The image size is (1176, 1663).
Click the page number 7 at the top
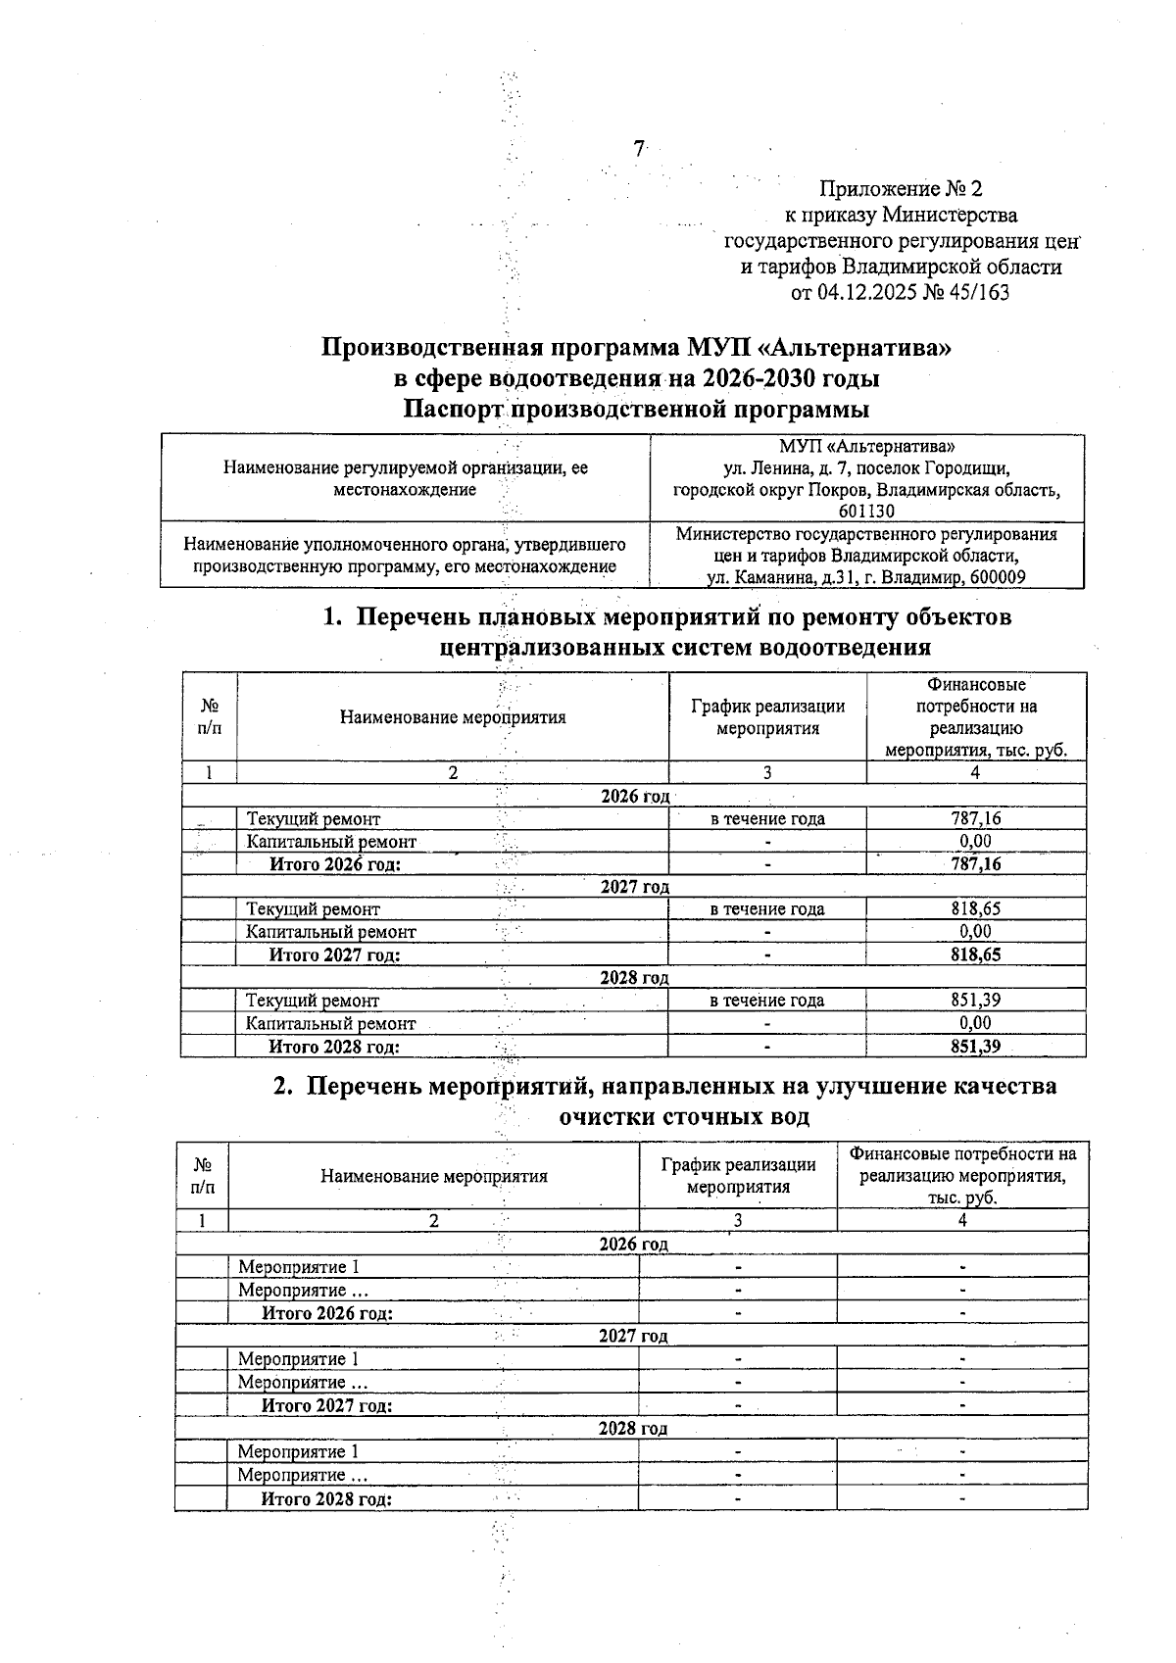pos(639,149)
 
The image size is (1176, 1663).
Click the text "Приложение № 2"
pos(900,188)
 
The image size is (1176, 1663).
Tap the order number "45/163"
pos(977,292)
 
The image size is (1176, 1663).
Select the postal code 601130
pos(866,511)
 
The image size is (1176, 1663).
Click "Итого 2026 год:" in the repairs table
pos(335,864)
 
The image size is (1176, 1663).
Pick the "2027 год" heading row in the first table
pos(634,887)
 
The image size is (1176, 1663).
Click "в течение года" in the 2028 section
pos(767,1001)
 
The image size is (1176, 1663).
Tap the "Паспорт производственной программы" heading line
pos(636,409)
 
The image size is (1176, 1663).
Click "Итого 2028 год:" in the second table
pos(326,1499)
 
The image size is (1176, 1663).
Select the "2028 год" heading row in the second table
pos(633,1429)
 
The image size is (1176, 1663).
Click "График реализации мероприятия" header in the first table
pos(767,716)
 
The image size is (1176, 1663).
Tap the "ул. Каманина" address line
pos(866,577)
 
